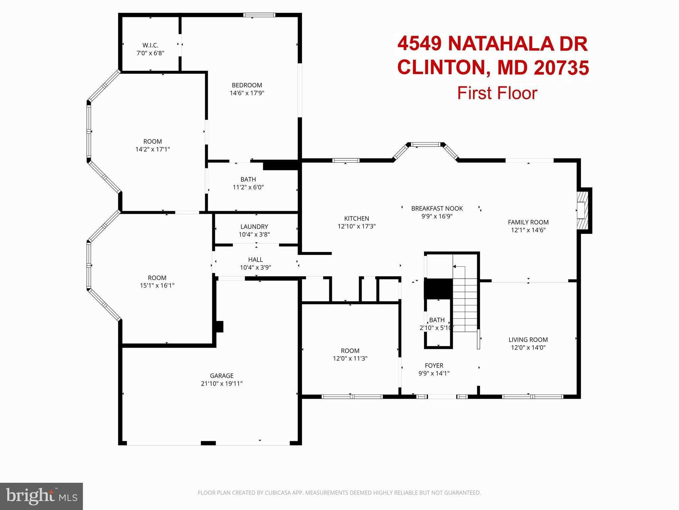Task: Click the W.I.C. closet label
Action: pyautogui.click(x=150, y=45)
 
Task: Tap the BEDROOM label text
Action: pyautogui.click(x=247, y=85)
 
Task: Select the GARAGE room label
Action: pyautogui.click(x=221, y=376)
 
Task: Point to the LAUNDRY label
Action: pyautogui.click(x=254, y=227)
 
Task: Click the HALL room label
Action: pyautogui.click(x=255, y=260)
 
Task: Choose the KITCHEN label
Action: pyautogui.click(x=356, y=218)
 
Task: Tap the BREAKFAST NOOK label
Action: pyautogui.click(x=437, y=209)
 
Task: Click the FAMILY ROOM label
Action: pyautogui.click(x=528, y=222)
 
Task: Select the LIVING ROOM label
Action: pyautogui.click(x=528, y=340)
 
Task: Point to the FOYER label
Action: pyautogui.click(x=434, y=366)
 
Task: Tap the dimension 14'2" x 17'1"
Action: pyautogui.click(x=153, y=149)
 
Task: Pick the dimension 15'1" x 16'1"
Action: pyautogui.click(x=157, y=286)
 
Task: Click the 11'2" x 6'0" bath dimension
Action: pyautogui.click(x=248, y=187)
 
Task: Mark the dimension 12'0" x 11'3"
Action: pyautogui.click(x=350, y=359)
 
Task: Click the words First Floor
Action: pyautogui.click(x=497, y=93)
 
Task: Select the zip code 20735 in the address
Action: pyautogui.click(x=561, y=67)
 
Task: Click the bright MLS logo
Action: pyautogui.click(x=41, y=496)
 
